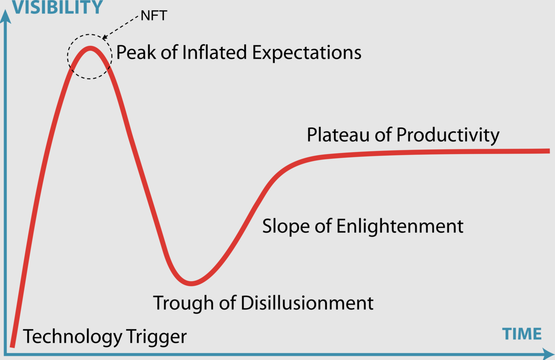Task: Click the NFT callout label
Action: [x=154, y=16]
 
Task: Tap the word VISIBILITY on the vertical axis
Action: [x=58, y=7]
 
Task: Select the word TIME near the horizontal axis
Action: [x=522, y=334]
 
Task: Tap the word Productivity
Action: [x=448, y=135]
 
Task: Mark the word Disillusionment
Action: [x=307, y=303]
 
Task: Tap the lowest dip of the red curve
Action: [x=191, y=283]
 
